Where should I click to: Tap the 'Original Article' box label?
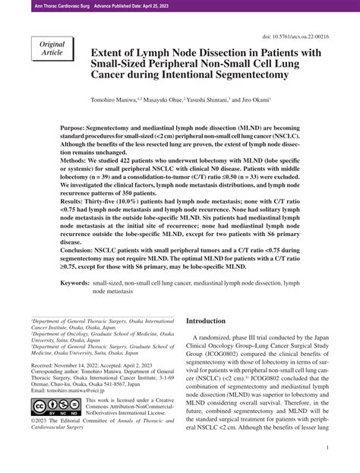50,52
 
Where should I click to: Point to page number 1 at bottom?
326,449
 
